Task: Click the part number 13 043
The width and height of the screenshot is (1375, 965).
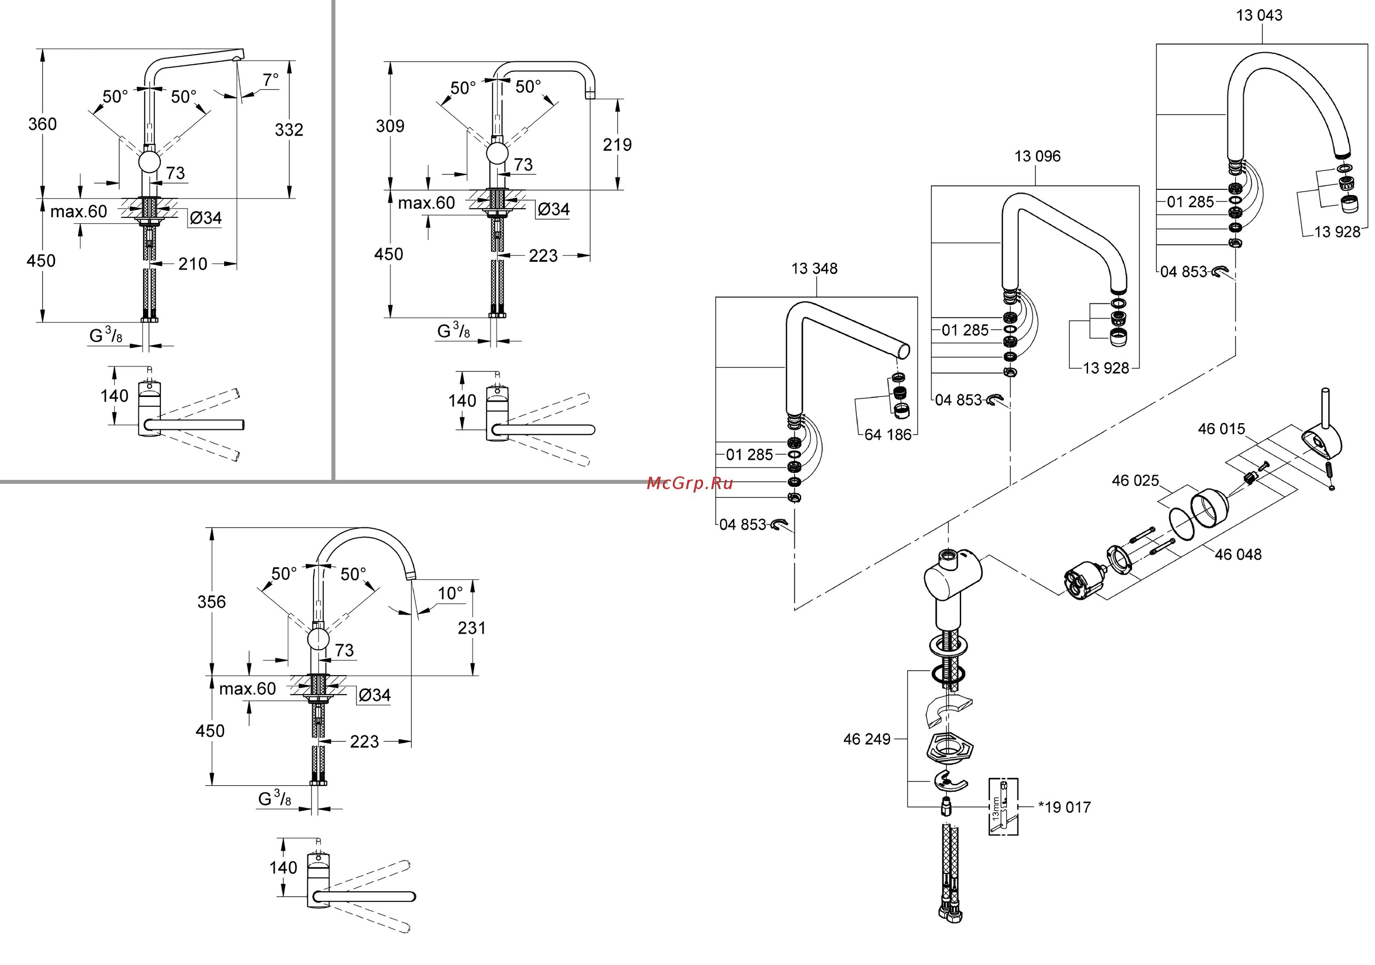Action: pyautogui.click(x=1259, y=16)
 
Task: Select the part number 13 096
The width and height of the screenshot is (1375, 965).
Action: pyautogui.click(x=1037, y=156)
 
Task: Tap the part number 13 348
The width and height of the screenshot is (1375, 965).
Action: pyautogui.click(x=814, y=269)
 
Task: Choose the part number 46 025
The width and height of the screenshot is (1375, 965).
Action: pyautogui.click(x=1135, y=480)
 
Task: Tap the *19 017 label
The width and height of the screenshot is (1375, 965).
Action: pyautogui.click(x=1064, y=807)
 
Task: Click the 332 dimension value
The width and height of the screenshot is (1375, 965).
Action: pyautogui.click(x=289, y=130)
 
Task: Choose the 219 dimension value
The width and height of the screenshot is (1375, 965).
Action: pyautogui.click(x=617, y=144)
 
